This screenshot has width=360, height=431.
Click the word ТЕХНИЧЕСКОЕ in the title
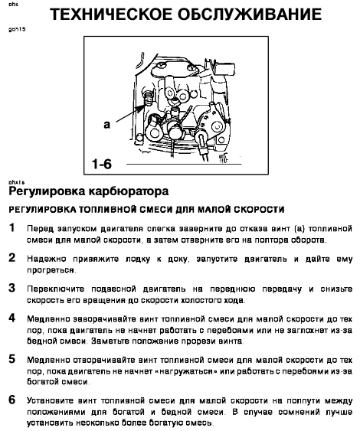point(111,15)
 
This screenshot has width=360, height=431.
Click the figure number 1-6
point(102,164)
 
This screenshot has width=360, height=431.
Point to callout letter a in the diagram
point(106,125)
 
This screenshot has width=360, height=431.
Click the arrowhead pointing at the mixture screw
point(141,108)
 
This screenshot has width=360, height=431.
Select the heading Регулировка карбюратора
point(89,191)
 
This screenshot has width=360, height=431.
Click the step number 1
point(11,228)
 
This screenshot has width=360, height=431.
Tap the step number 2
point(11,258)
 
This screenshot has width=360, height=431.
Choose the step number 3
point(11,288)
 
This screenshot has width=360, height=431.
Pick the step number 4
point(11,318)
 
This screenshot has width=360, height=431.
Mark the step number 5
point(11,359)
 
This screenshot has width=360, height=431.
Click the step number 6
point(11,400)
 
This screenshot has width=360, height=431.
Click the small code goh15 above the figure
point(17,29)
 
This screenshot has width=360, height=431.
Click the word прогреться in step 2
point(51,270)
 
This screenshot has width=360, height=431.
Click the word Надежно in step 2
point(47,260)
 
